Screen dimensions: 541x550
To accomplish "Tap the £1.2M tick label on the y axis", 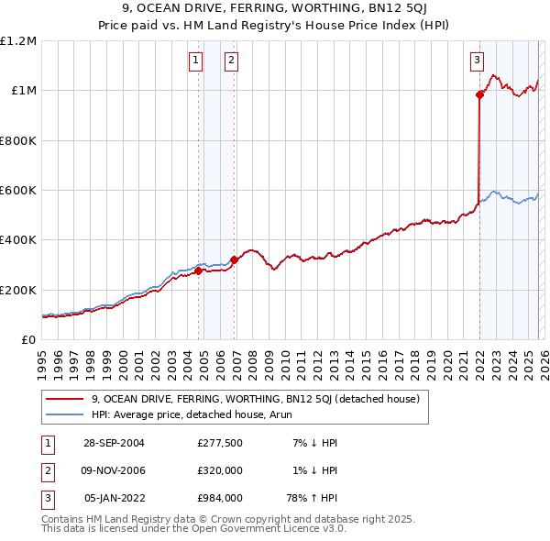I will click(x=18, y=41).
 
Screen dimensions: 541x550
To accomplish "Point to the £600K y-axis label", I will click(x=18, y=191).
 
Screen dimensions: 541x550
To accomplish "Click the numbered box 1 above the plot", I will click(x=196, y=61).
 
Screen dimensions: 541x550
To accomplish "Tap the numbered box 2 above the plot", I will click(x=230, y=61).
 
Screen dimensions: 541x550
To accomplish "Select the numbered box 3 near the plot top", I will click(x=477, y=61).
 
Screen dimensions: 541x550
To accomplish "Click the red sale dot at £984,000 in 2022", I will click(x=479, y=94).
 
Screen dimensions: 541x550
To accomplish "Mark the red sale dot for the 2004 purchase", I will click(x=199, y=270).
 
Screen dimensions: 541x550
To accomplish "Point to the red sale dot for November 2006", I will click(x=234, y=259).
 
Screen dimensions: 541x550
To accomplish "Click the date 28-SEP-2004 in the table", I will click(x=115, y=443).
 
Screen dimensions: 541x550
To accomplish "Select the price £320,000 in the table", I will click(x=220, y=470).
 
